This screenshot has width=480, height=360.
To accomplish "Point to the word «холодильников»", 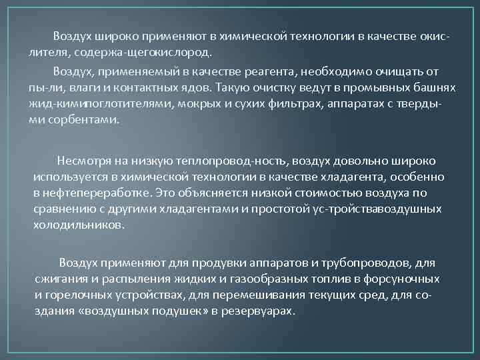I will [78, 225].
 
